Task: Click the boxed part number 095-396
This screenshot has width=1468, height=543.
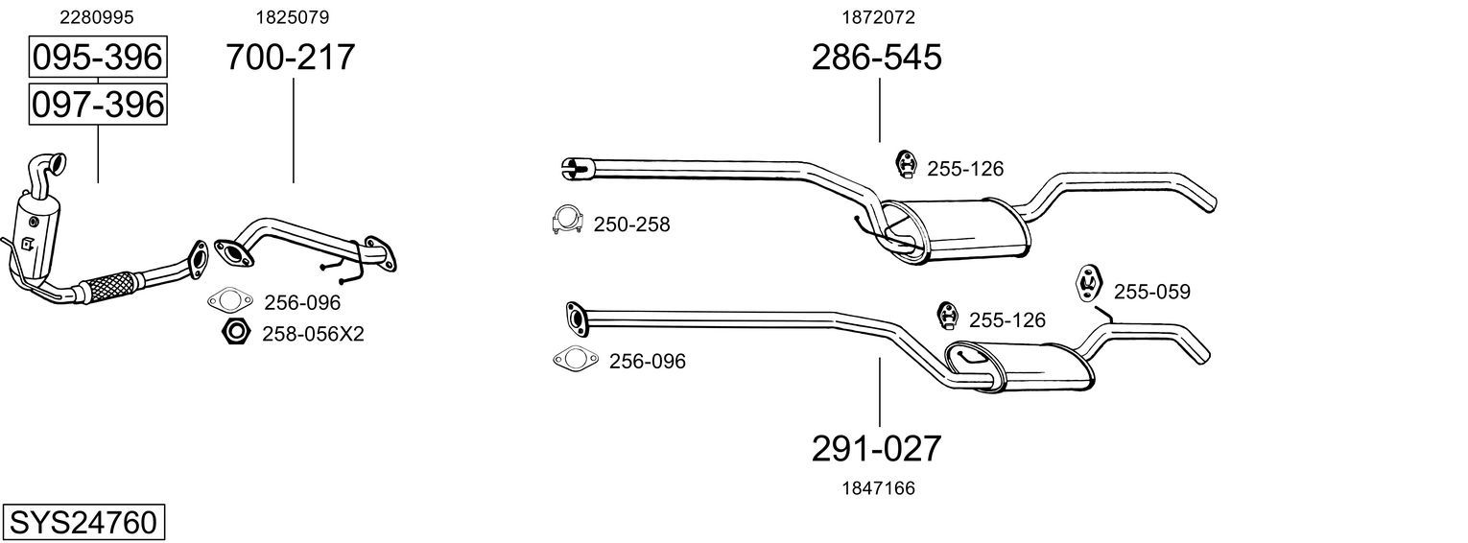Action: (x=98, y=57)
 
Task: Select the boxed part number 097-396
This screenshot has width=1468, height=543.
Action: (x=98, y=105)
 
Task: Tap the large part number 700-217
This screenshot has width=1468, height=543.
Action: (x=291, y=57)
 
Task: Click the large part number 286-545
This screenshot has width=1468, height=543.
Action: (x=877, y=57)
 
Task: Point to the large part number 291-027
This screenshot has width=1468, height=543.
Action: (x=877, y=449)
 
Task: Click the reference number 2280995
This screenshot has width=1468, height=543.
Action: (x=96, y=17)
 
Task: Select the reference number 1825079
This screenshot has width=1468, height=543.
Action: (x=293, y=17)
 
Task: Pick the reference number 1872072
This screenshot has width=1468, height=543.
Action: (x=878, y=17)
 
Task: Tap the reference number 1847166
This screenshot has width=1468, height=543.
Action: (x=878, y=488)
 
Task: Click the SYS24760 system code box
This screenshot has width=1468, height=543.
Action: (x=83, y=523)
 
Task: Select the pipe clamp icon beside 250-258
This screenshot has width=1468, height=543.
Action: (x=568, y=220)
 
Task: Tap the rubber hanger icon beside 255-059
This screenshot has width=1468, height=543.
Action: (x=1089, y=284)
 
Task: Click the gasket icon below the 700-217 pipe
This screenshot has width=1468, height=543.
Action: (x=230, y=300)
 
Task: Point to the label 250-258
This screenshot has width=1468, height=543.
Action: (x=631, y=224)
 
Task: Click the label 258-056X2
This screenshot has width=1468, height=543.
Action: (x=313, y=334)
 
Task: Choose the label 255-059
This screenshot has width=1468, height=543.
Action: (x=1152, y=292)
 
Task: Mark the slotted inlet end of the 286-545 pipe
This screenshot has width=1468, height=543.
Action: (x=578, y=168)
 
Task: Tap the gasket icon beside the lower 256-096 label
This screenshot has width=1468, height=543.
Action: (x=576, y=359)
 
